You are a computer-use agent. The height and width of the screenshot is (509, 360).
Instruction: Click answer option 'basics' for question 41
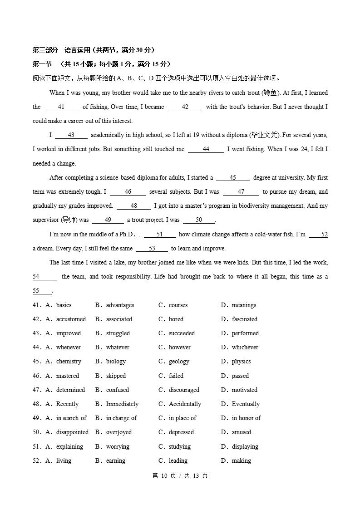(64, 305)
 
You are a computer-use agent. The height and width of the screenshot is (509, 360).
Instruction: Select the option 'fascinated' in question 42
(244, 319)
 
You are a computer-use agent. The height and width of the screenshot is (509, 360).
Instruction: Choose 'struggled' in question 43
(118, 333)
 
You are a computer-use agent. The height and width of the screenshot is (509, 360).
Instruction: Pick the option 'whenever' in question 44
(68, 347)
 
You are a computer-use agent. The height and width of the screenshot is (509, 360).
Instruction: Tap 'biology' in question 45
(116, 362)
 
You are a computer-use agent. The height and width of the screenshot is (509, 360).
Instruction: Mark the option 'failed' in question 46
(176, 376)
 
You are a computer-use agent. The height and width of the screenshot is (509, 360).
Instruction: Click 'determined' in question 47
(70, 390)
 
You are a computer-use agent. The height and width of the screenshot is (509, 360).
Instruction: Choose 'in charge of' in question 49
(121, 418)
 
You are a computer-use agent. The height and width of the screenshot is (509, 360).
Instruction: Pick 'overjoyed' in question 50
(119, 432)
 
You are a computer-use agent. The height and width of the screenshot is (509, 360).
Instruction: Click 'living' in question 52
(64, 461)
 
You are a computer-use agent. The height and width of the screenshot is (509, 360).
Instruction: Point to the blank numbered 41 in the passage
(61, 107)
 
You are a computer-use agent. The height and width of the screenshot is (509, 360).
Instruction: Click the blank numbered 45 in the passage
(232, 178)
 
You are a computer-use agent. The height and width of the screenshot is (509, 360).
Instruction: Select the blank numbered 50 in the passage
(199, 220)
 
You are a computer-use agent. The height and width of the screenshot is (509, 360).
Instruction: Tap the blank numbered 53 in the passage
(152, 249)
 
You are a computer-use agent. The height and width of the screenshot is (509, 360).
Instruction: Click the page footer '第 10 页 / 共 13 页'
(180, 476)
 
